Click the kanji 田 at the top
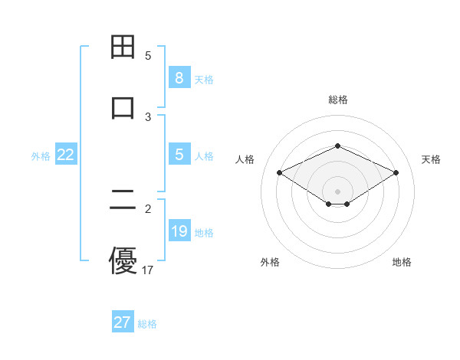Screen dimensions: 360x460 click(x=123, y=47)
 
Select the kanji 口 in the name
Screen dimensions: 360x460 click(x=123, y=106)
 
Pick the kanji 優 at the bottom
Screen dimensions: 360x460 click(x=123, y=260)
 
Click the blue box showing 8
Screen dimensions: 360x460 click(x=179, y=78)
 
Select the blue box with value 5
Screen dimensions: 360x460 click(x=179, y=155)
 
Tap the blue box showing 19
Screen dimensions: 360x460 click(x=179, y=231)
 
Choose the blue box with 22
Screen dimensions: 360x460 click(x=66, y=155)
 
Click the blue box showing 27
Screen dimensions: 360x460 click(x=122, y=322)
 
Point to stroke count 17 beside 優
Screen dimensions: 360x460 click(x=148, y=270)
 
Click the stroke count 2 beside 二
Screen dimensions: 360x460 click(x=148, y=208)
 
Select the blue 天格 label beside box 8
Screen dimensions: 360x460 click(x=204, y=79)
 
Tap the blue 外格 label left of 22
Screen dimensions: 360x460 click(x=41, y=155)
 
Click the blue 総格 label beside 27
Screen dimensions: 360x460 click(x=147, y=323)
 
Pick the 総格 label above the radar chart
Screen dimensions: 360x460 click(x=337, y=100)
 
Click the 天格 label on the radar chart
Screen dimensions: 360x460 click(x=431, y=159)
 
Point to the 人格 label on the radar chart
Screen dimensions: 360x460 click(x=245, y=159)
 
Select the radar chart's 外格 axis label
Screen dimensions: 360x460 click(x=270, y=262)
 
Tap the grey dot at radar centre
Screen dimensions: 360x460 click(x=337, y=191)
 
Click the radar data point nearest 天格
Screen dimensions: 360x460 click(x=396, y=172)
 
